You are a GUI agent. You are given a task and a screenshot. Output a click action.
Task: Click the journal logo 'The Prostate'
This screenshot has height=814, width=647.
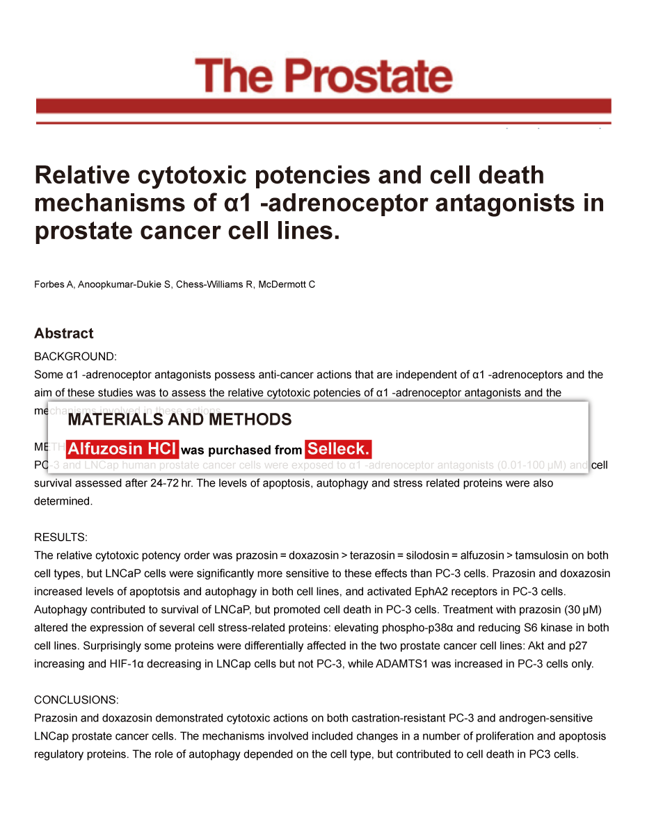point(323,76)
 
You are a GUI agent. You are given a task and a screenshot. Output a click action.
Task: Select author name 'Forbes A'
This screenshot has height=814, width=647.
point(54,284)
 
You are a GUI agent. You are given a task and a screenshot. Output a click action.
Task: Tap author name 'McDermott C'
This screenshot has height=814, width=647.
point(287,284)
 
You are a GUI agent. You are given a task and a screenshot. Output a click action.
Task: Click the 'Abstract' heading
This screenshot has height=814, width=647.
point(63,334)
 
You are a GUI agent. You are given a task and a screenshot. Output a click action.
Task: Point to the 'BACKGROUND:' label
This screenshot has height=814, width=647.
point(75,357)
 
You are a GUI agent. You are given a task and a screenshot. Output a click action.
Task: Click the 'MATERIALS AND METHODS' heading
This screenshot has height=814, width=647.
point(179,420)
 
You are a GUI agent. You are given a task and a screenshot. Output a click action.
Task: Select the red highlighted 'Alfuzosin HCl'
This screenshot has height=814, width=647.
point(122,449)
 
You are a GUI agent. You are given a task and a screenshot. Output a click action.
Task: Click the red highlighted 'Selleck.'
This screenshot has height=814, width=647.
point(339,449)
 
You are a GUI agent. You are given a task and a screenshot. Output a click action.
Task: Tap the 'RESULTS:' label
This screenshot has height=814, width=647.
point(61,537)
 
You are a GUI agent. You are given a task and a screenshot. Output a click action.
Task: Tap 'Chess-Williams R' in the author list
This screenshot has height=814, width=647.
point(214,284)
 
